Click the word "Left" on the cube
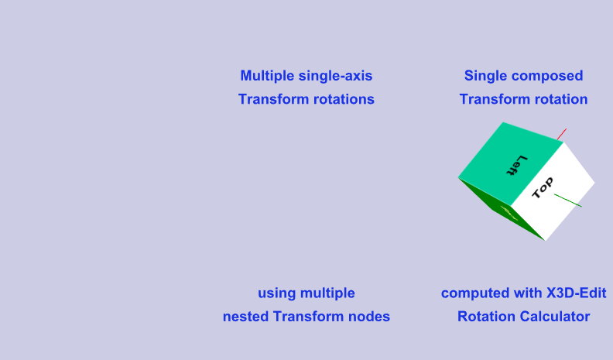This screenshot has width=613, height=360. pos(516,166)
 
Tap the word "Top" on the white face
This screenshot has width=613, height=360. pos(543,188)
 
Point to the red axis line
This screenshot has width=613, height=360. pos(563,133)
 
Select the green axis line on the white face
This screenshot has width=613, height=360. pos(569,201)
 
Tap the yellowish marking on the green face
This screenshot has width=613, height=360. pos(509,209)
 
